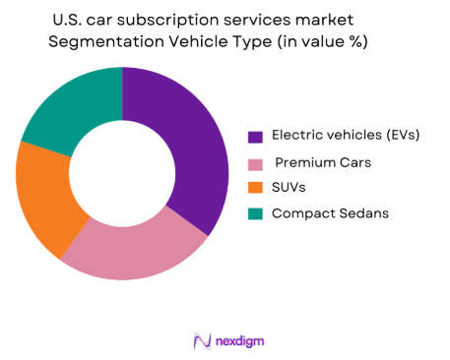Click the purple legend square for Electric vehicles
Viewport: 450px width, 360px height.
(x=254, y=137)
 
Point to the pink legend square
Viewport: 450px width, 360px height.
(x=254, y=162)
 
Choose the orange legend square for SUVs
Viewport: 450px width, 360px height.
(x=254, y=188)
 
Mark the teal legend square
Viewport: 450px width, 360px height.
(x=254, y=213)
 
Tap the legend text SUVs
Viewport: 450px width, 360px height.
(x=289, y=188)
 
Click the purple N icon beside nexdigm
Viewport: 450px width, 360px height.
(x=203, y=340)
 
